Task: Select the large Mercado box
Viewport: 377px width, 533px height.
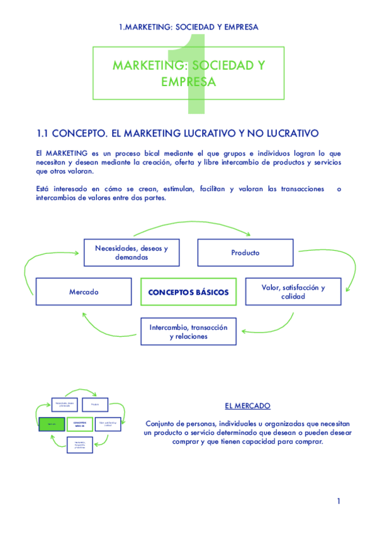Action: pos(84,292)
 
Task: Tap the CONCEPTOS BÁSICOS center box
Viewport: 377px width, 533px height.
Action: pos(188,292)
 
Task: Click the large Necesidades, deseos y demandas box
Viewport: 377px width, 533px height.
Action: pos(131,253)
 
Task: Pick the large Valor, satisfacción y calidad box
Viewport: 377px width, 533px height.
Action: pos(293,292)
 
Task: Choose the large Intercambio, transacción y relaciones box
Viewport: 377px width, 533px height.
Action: pos(188,332)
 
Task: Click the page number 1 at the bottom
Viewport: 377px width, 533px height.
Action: pos(339,501)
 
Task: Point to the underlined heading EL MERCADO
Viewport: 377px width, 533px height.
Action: pos(247,405)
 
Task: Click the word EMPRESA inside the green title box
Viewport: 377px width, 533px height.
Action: pos(188,82)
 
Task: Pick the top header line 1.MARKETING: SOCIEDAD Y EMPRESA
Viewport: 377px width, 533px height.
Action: pos(188,27)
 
